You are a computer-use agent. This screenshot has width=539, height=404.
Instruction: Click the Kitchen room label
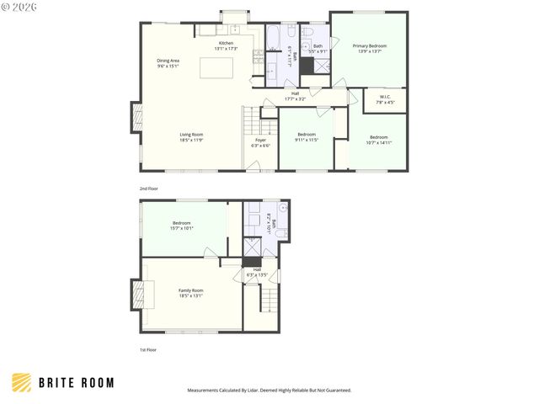[226, 43]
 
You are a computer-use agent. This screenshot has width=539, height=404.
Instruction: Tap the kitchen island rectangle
[216, 67]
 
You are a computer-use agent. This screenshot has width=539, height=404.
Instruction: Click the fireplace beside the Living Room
[136, 117]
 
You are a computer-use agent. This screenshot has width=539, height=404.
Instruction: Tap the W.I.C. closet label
[385, 97]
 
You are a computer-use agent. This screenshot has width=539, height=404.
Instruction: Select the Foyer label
[260, 141]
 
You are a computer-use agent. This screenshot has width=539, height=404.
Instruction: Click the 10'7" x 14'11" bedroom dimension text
[378, 142]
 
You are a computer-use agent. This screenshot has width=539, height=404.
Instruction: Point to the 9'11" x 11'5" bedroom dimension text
[306, 140]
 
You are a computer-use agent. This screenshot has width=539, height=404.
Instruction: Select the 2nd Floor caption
[148, 189]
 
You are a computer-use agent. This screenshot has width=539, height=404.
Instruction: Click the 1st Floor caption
[147, 349]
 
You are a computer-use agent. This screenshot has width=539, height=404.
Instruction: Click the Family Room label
[190, 290]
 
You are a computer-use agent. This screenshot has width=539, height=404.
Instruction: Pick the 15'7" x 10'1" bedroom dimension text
[183, 228]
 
